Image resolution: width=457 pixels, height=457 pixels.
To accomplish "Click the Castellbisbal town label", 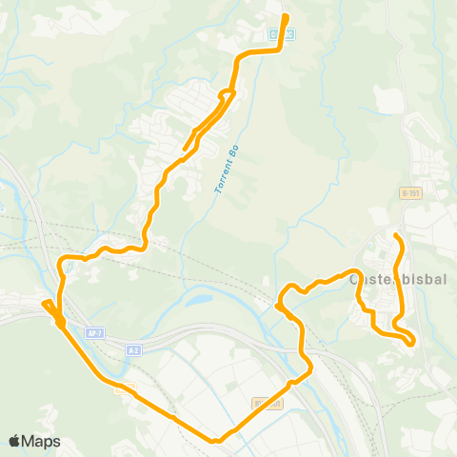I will coord(393,279).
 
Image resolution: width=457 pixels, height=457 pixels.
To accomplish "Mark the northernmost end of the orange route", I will coord(287,16).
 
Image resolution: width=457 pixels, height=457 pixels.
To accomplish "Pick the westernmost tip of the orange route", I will coord(43,304).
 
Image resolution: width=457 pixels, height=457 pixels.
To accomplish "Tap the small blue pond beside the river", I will coord(198,301).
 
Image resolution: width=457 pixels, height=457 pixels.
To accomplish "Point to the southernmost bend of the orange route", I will coord(217,440).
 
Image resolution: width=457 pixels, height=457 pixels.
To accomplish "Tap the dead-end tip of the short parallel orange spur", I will coord(183,150).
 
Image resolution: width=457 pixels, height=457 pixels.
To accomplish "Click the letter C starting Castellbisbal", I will coord(356,279).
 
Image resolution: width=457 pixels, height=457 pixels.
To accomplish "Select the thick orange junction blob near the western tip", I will coord(60,323).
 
